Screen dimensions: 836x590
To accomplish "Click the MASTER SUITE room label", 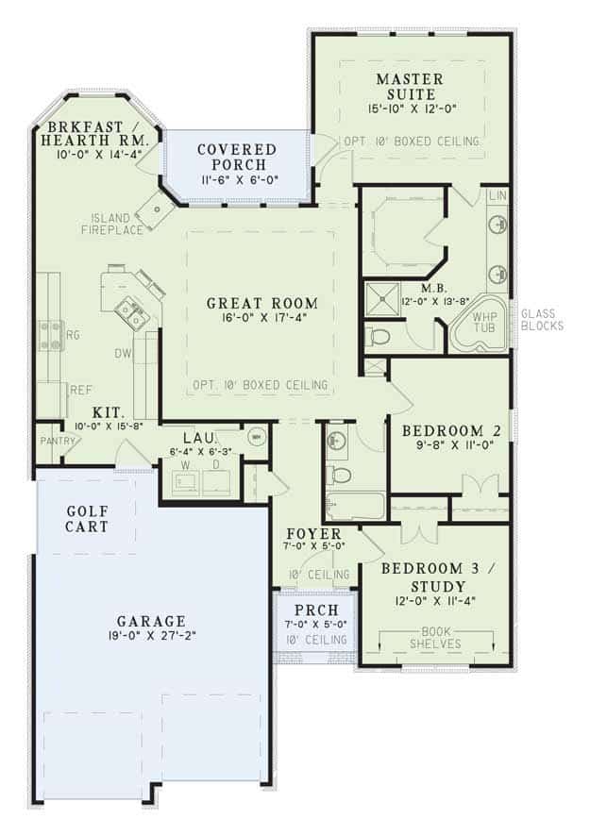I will (404, 86).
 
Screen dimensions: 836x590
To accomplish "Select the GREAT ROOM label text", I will (262, 304).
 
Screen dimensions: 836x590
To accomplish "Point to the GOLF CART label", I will (88, 518).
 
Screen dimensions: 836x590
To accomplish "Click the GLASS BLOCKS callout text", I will (541, 320).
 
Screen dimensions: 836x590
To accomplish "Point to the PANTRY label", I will (49, 441).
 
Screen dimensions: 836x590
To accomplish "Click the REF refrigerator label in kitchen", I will (79, 389).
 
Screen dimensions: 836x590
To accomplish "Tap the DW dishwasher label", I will (122, 354).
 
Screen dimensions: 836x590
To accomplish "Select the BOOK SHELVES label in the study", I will (435, 638).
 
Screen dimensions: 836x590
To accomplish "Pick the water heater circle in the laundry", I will (255, 437).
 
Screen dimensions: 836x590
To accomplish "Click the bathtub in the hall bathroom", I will (354, 506).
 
